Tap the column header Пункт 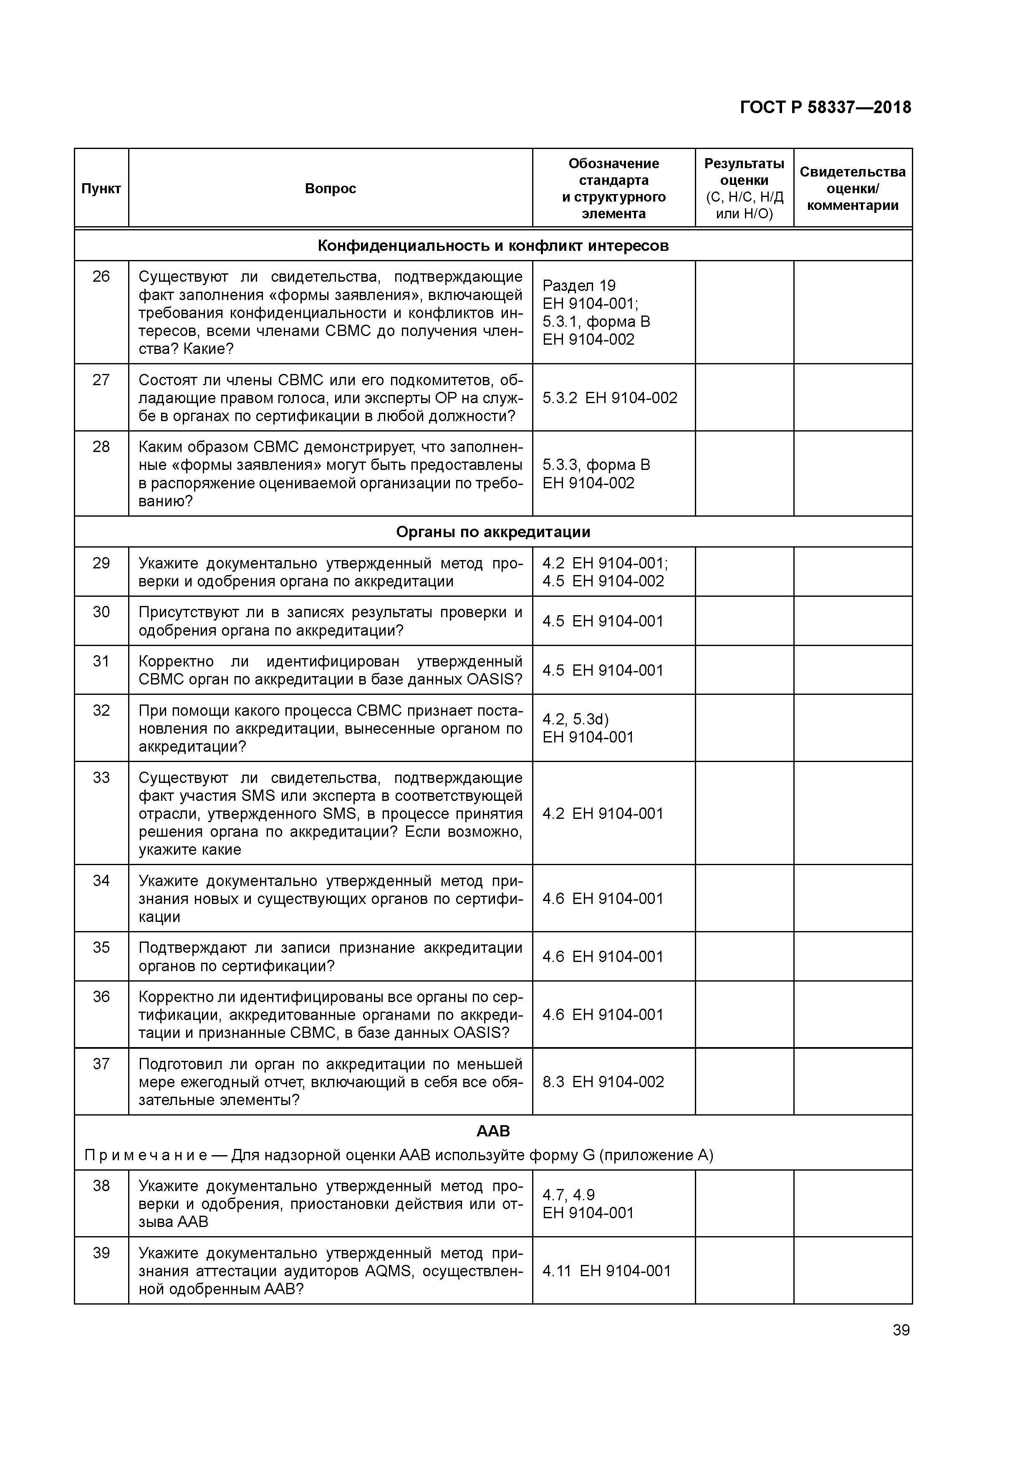pyautogui.click(x=101, y=189)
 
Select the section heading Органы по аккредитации pyautogui.click(x=493, y=532)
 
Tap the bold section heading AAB pyautogui.click(x=493, y=1131)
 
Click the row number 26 pyautogui.click(x=101, y=277)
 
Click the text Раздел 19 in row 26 pyautogui.click(x=579, y=285)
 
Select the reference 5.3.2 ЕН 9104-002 pyautogui.click(x=610, y=398)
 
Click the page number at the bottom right pyautogui.click(x=901, y=1330)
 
